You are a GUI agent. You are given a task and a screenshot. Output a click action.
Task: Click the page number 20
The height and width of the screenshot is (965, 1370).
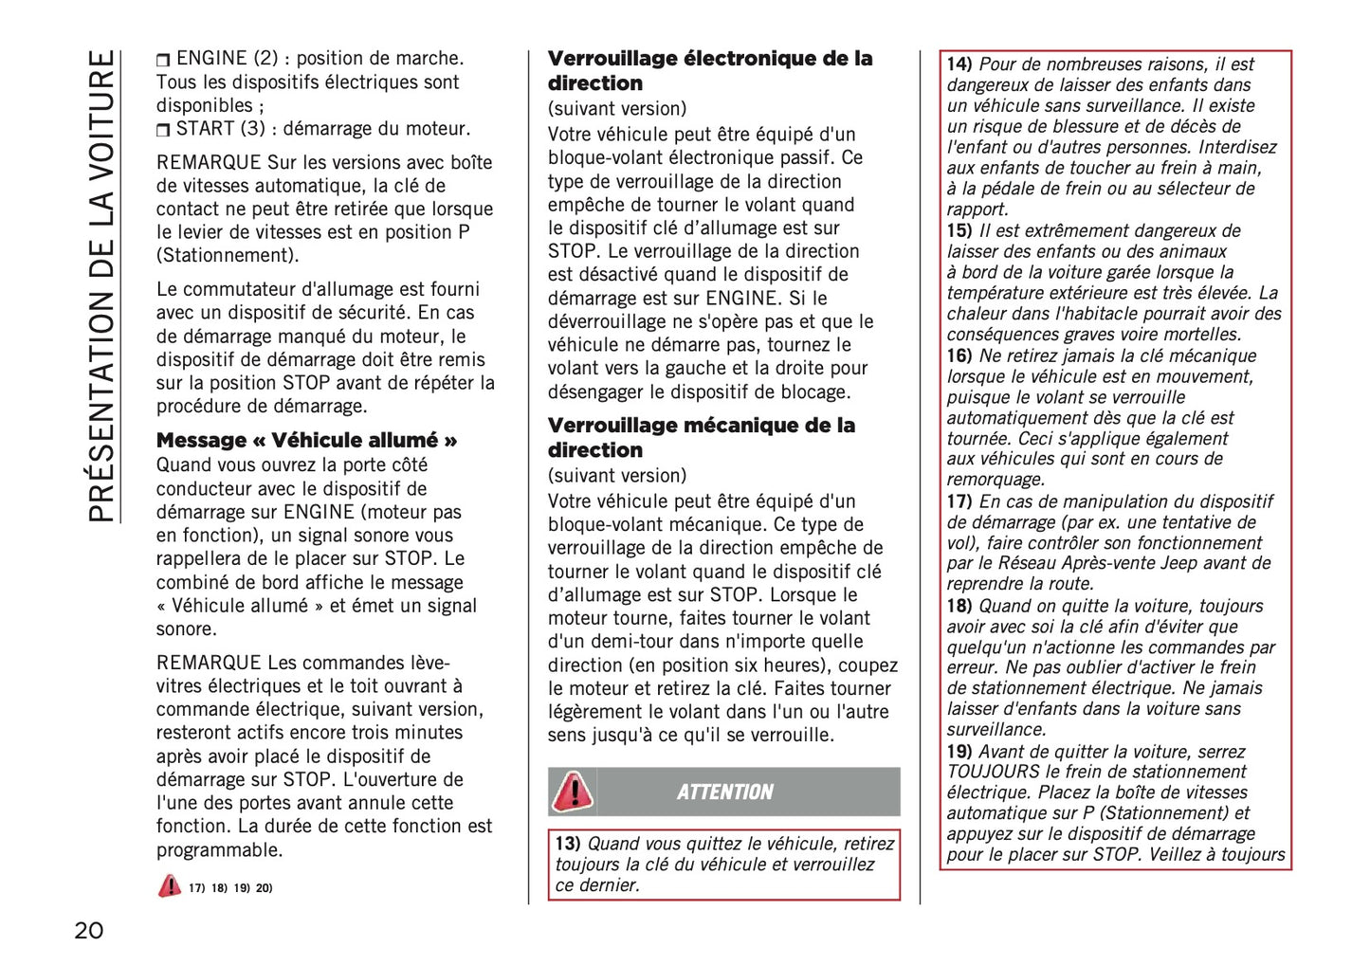click(89, 930)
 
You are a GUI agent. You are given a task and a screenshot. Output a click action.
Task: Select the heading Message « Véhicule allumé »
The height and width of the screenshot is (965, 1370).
click(306, 441)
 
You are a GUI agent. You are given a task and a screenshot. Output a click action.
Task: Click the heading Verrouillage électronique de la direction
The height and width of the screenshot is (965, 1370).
click(709, 71)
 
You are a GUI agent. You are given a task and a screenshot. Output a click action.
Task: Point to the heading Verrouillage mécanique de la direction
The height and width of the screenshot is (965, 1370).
click(701, 437)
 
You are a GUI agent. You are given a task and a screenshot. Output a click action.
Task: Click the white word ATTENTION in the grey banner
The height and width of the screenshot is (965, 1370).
click(725, 792)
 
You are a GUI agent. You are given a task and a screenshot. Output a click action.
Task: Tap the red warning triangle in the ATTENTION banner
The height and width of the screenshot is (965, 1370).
click(573, 792)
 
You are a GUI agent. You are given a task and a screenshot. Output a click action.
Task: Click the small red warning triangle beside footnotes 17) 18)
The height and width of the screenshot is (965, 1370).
click(169, 886)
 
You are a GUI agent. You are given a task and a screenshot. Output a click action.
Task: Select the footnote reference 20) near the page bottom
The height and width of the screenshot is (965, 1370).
click(264, 888)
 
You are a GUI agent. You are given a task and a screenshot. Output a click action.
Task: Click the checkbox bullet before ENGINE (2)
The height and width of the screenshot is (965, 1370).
click(163, 60)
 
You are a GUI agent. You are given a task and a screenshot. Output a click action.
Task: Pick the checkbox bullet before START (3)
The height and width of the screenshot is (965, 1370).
click(163, 130)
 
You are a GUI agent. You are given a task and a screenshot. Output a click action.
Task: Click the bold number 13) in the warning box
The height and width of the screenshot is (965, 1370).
click(567, 844)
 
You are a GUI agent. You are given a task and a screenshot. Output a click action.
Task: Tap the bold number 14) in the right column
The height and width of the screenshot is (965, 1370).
click(959, 64)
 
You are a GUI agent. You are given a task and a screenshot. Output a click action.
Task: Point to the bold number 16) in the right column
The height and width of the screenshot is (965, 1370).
click(959, 356)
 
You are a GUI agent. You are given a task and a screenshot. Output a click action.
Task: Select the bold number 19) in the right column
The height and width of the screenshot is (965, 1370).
click(959, 752)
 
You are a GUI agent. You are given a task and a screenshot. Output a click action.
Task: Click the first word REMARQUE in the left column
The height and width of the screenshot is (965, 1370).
click(209, 163)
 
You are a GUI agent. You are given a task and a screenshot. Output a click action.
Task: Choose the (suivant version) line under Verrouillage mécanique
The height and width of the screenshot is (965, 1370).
click(617, 476)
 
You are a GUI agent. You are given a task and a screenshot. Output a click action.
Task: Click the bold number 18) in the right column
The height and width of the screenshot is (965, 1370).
click(959, 606)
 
